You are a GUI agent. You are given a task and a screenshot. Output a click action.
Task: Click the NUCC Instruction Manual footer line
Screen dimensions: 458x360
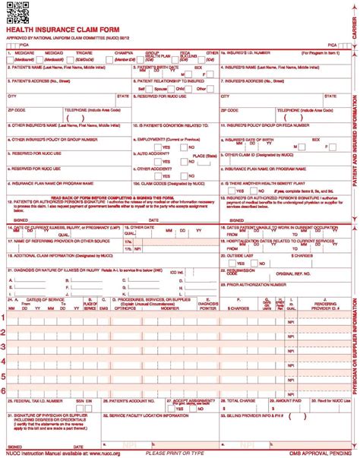coord(59,453)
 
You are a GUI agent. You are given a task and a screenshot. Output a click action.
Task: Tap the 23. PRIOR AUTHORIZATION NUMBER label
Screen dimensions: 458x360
coord(251,285)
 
